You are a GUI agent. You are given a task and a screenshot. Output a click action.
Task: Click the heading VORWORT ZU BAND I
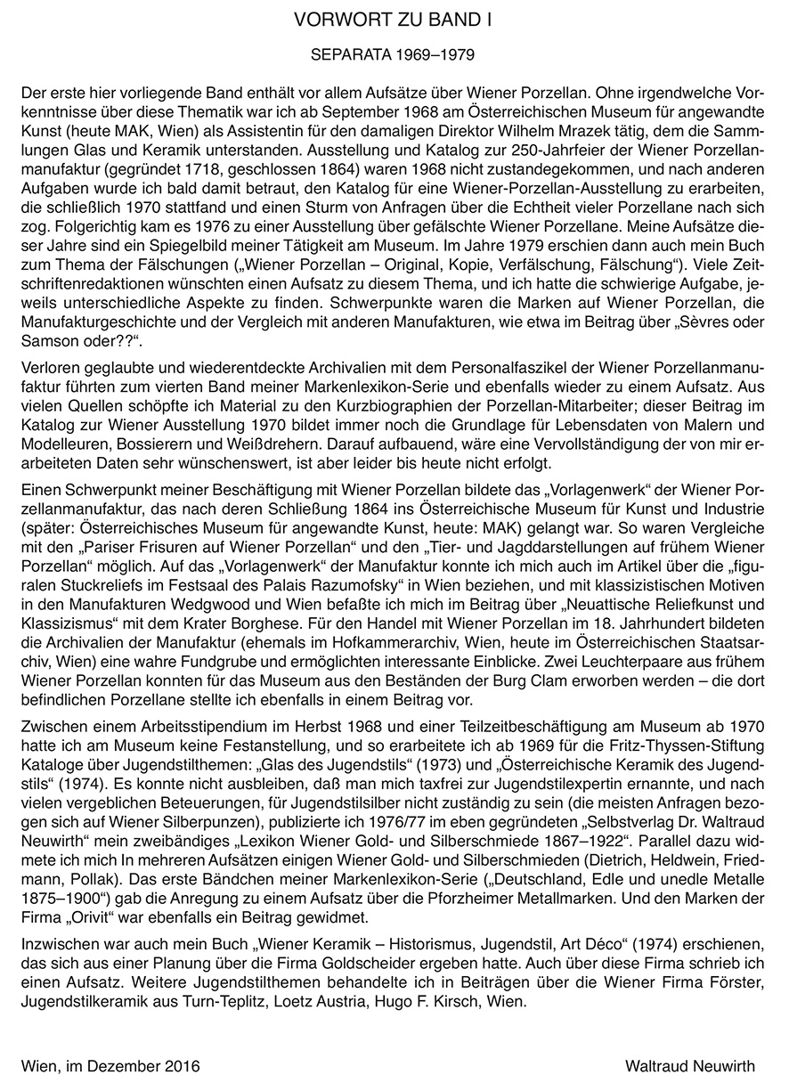point(394,18)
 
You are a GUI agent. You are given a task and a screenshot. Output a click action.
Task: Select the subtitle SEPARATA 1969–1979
point(394,55)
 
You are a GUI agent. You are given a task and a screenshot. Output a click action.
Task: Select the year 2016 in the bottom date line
point(182,1065)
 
